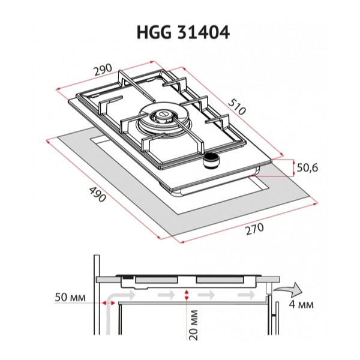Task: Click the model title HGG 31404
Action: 183,32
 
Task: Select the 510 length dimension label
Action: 237,107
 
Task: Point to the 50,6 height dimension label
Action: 307,168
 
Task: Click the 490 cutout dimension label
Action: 97,194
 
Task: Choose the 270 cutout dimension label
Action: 255,229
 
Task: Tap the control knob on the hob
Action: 211,160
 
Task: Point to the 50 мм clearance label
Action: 70,298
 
